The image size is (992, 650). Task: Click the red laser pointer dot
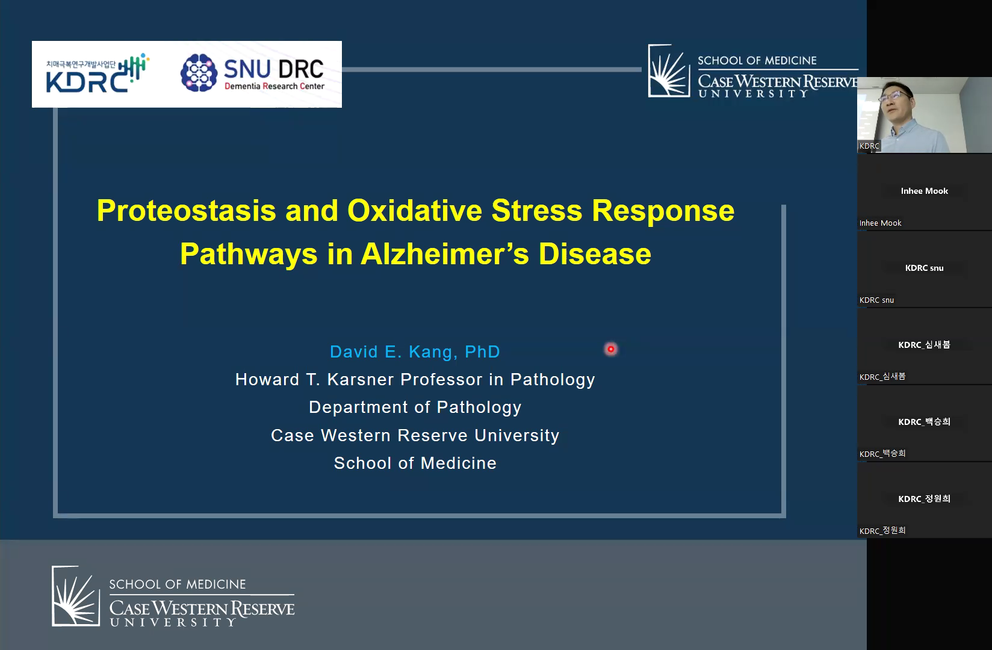(x=611, y=349)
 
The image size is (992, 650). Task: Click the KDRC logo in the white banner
(x=98, y=73)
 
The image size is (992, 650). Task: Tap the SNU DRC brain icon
(x=199, y=73)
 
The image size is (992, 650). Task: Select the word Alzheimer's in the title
(x=445, y=254)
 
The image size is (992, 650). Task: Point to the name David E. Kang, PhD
(x=415, y=351)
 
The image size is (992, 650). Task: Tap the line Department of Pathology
(x=415, y=407)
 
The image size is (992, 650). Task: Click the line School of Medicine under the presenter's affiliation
(x=415, y=463)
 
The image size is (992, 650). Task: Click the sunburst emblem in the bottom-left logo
(x=76, y=596)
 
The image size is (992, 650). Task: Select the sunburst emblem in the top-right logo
(x=669, y=70)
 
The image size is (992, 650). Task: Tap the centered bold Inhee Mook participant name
(x=924, y=191)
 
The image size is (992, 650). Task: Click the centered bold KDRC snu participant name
(x=924, y=268)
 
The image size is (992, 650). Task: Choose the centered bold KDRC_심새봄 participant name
(x=924, y=344)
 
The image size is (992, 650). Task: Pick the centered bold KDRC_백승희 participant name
(x=924, y=421)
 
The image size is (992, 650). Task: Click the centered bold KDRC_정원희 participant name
(x=924, y=498)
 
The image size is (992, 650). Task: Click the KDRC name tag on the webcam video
(x=869, y=146)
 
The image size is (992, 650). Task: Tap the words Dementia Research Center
(x=274, y=86)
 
